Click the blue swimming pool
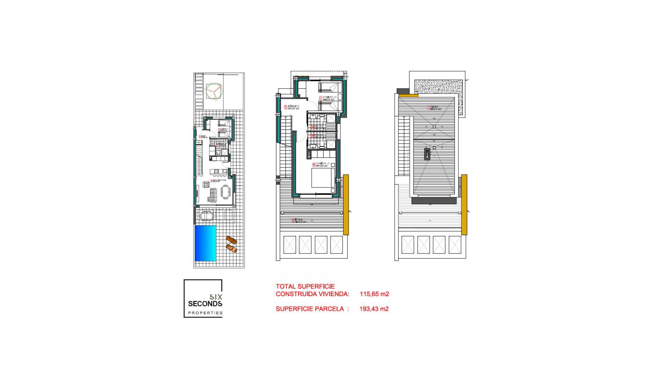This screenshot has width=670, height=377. coord(205,243)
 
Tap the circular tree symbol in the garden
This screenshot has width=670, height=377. coord(214,91)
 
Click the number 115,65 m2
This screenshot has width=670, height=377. coord(374,294)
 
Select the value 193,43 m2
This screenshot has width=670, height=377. coord(374,309)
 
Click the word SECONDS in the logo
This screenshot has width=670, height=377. coord(205,304)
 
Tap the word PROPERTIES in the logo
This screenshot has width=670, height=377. coord(205,313)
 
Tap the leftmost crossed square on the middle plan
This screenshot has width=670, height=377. coord(290,245)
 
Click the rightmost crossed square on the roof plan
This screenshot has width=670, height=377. coord(455,245)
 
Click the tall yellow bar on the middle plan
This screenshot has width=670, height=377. coord(346,205)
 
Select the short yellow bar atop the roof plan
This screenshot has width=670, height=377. coord(408,95)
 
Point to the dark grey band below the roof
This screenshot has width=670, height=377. coord(434,200)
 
